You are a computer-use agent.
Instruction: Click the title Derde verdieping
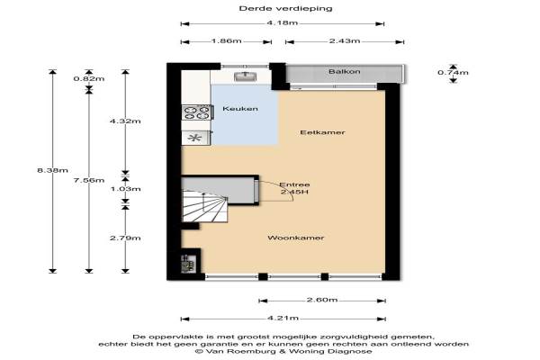(285, 8)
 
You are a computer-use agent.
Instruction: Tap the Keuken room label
(240, 109)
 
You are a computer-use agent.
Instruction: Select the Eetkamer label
(322, 132)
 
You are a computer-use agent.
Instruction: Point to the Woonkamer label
(296, 238)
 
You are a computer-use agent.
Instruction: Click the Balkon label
(345, 72)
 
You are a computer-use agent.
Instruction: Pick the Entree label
(294, 184)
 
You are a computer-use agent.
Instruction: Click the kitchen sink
(245, 76)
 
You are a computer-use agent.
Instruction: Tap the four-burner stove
(196, 112)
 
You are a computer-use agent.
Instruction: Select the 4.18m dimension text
(282, 23)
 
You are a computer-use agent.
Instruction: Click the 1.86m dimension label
(226, 41)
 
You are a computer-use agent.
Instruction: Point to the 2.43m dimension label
(345, 41)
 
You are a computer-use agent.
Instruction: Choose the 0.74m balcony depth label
(453, 72)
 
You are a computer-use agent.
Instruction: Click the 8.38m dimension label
(52, 170)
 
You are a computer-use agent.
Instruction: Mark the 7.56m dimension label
(89, 180)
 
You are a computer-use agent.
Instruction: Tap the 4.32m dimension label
(125, 121)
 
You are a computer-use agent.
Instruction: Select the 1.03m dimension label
(125, 189)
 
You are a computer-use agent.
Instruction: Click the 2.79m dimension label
(125, 238)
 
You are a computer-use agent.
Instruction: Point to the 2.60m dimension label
(322, 300)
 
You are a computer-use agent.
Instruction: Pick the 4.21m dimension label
(283, 318)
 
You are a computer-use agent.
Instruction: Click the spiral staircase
(204, 206)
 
